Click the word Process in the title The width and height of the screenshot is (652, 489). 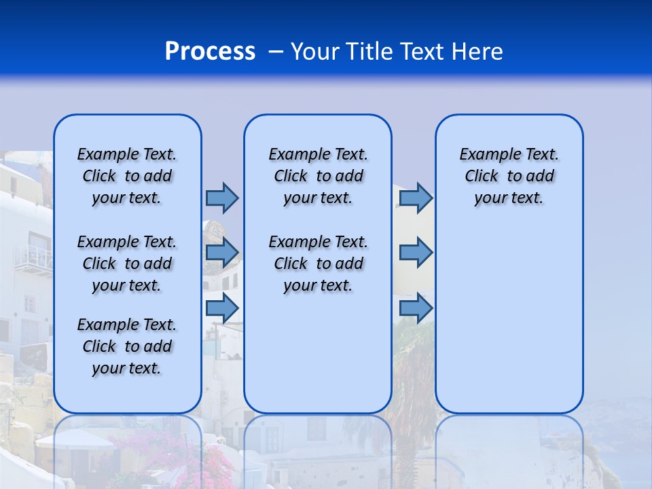(x=210, y=51)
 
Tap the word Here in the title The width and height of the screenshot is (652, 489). (x=475, y=51)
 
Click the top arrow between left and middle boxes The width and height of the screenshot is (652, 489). (x=222, y=198)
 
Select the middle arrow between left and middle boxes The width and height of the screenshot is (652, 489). (x=222, y=253)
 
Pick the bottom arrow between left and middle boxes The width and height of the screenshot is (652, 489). (x=222, y=308)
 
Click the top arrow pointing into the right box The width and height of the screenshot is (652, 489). (x=416, y=198)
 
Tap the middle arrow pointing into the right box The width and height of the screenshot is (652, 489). (x=416, y=253)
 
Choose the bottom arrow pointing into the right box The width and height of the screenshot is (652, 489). (x=416, y=308)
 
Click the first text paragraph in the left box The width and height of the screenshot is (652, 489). (x=127, y=176)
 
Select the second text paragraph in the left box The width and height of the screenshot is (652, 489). (x=127, y=264)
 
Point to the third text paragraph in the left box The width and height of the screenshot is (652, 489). (x=127, y=346)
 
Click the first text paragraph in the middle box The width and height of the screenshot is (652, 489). (x=318, y=176)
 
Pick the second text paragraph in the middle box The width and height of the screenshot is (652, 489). (x=318, y=264)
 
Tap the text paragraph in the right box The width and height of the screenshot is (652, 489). (x=509, y=176)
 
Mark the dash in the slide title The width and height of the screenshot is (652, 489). (x=276, y=52)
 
